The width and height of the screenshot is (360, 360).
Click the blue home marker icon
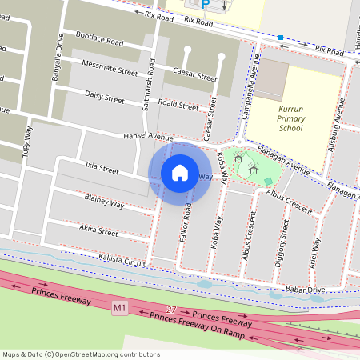click(180, 172)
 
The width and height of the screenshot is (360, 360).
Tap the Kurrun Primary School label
click(290, 117)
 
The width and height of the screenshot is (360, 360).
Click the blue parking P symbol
click(206, 4)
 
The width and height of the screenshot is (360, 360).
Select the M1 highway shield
click(120, 307)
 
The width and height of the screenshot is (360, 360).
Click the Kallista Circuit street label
click(121, 261)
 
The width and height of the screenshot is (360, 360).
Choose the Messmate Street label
click(110, 66)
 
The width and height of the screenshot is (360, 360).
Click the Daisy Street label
click(105, 97)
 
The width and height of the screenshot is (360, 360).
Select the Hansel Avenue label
click(148, 137)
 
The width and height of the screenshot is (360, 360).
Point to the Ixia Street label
click(102, 170)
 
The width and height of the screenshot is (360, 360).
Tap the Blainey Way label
click(104, 200)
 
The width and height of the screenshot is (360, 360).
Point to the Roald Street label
click(178, 105)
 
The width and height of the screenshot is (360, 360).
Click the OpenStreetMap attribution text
click(80, 354)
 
